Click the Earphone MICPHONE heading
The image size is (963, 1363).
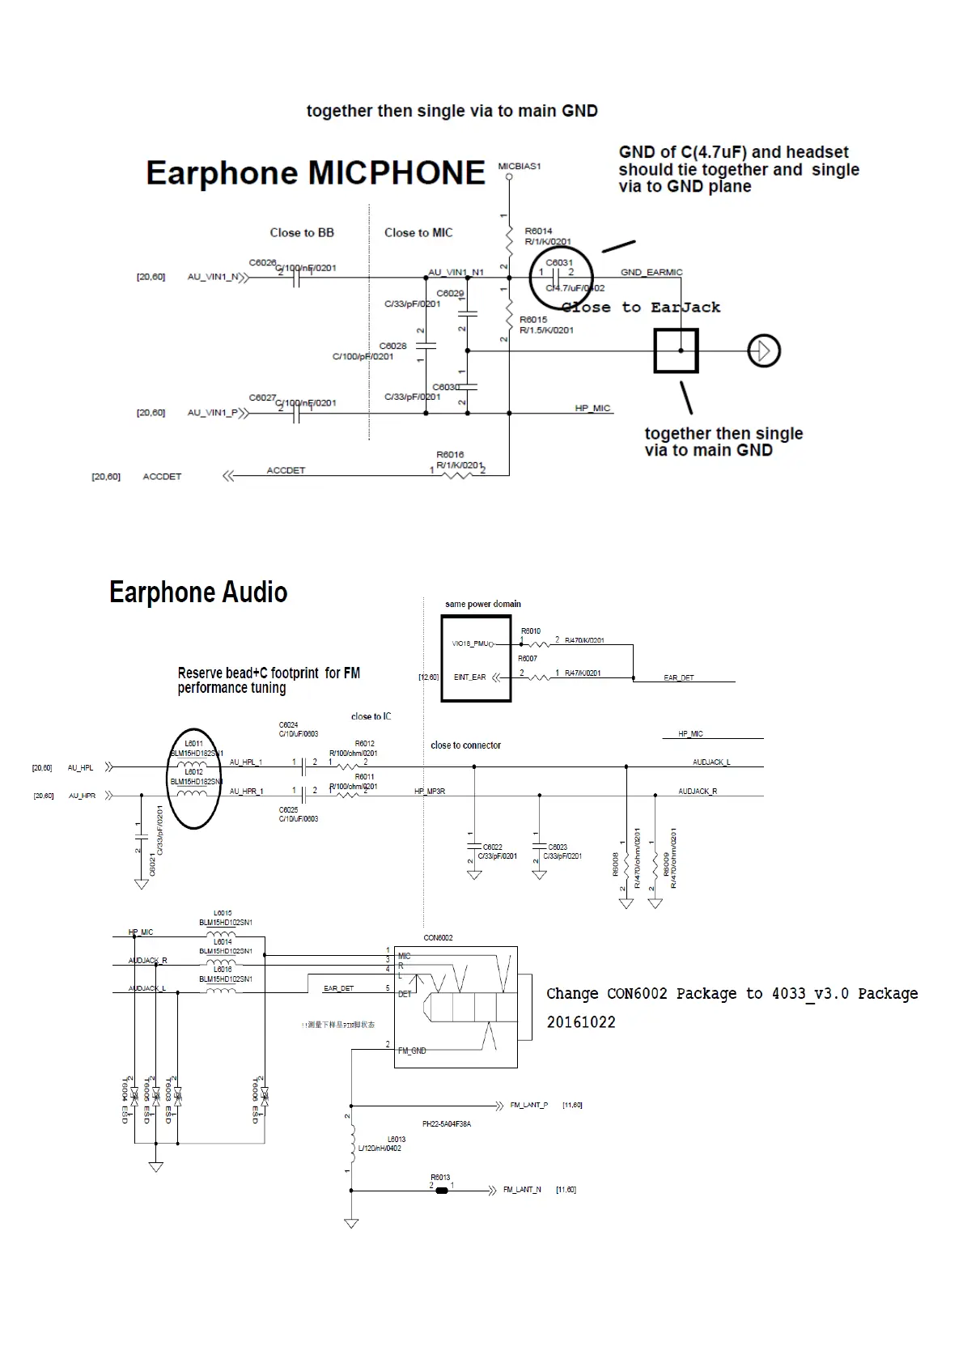315,173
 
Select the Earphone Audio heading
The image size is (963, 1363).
198,592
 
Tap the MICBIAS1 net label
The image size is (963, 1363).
520,166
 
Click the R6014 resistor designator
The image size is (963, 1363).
538,231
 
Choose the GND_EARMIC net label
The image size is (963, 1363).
651,272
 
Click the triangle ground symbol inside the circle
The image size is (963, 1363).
763,350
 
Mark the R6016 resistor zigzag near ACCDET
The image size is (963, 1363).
457,474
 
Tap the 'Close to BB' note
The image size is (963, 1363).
302,232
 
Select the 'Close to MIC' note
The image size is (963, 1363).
418,232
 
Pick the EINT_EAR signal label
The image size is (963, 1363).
469,677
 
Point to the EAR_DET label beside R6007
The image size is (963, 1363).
678,677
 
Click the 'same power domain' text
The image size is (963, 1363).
483,604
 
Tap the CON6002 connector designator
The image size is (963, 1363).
438,938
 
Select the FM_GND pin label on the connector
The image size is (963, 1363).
412,1051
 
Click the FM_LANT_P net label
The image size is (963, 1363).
528,1105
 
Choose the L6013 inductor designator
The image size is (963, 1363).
397,1139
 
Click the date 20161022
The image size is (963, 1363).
580,1022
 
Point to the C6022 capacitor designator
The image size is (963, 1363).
493,847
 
